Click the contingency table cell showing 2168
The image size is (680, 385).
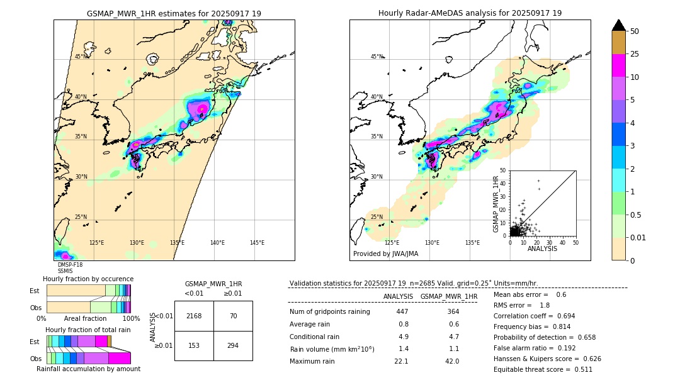tap(194, 316)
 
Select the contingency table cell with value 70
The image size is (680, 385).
tap(233, 316)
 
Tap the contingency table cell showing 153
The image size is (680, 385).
tap(194, 345)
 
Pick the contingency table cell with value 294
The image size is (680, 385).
tap(233, 345)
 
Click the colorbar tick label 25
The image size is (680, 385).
tap(635, 55)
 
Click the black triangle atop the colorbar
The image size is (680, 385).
tap(618, 25)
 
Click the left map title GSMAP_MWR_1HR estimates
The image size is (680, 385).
tap(174, 13)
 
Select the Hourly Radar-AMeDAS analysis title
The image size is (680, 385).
tap(470, 13)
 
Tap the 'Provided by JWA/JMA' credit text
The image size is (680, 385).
tap(385, 254)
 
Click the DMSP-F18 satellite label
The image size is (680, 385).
tap(70, 265)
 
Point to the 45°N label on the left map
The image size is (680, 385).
tap(81, 57)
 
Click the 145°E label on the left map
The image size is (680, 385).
tap(257, 243)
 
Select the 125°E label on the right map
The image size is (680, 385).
tap(392, 243)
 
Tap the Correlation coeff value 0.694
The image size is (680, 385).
tap(562, 316)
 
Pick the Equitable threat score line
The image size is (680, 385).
tap(543, 369)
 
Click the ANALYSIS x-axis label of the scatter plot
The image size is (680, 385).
tap(542, 248)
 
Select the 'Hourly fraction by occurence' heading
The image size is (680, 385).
tap(88, 279)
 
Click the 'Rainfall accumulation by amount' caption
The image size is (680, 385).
tap(93, 369)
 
